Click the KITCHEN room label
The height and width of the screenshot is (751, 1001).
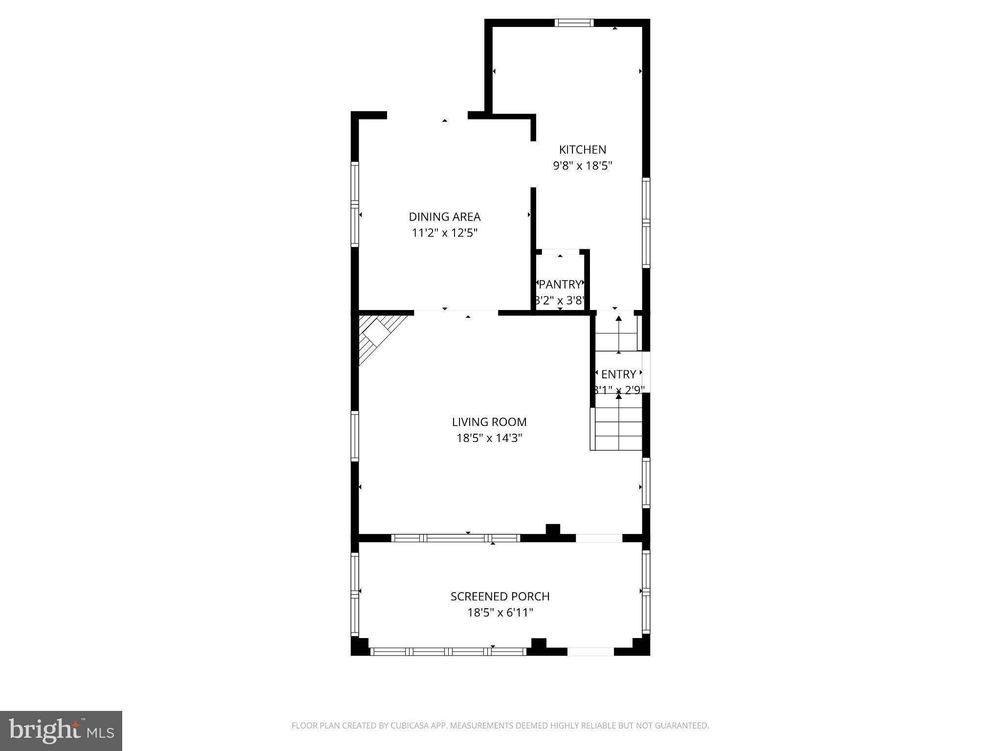[x=582, y=150]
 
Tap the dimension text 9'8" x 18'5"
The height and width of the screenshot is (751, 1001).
[x=582, y=166]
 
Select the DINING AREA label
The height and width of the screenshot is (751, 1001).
[x=444, y=217]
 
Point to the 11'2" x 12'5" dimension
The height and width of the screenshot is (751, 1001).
[x=444, y=233]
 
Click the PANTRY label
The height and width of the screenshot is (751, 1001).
[x=560, y=284]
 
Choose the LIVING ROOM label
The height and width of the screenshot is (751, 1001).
[x=489, y=422]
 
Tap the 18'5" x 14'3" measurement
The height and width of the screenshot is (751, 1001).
[x=489, y=438]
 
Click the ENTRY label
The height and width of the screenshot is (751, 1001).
[x=618, y=375]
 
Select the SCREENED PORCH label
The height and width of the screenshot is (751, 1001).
[x=500, y=596]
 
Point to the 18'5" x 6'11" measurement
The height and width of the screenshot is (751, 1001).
[x=500, y=613]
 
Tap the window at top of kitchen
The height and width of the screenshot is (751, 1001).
[x=574, y=22]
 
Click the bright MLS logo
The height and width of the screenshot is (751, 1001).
[x=61, y=730]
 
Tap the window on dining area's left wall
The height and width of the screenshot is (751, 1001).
[x=355, y=203]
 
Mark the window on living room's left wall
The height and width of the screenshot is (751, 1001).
[x=355, y=436]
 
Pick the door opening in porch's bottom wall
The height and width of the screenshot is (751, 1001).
[x=590, y=651]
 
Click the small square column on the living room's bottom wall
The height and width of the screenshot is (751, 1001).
[x=552, y=530]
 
